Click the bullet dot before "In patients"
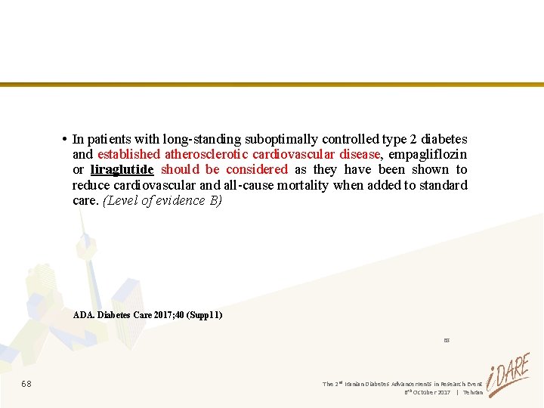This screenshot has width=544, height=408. pyautogui.click(x=66, y=139)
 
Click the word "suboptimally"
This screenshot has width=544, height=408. pyautogui.click(x=281, y=139)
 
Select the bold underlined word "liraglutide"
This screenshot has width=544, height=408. pyautogui.click(x=122, y=169)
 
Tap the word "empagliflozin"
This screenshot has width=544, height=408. pyautogui.click(x=428, y=154)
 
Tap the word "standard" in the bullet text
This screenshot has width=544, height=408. pyautogui.click(x=443, y=185)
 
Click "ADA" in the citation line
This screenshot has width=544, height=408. pyautogui.click(x=83, y=314)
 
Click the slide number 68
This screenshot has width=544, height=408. pyautogui.click(x=26, y=384)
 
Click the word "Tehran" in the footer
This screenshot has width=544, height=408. pyautogui.click(x=473, y=393)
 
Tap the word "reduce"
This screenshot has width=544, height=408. pyautogui.click(x=91, y=185)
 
